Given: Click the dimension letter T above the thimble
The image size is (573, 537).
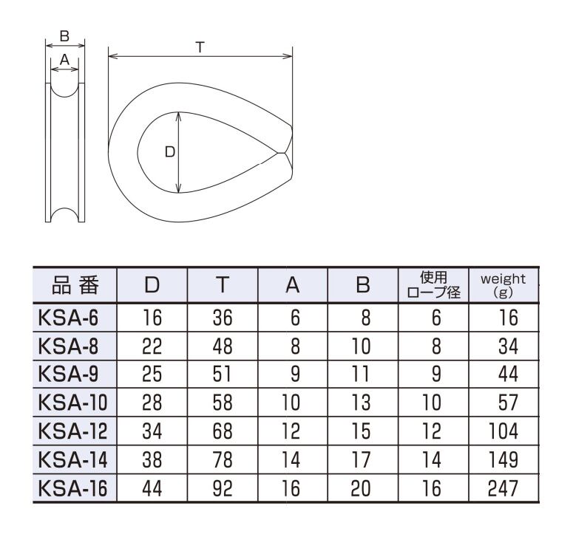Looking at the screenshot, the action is coord(200,47).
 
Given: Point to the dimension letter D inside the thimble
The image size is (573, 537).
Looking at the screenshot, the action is coord(170,152).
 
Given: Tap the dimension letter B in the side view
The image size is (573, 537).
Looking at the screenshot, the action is coord(64,36).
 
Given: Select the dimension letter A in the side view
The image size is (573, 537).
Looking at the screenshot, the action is coord(64,59).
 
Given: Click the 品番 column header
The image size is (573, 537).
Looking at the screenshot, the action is coord(75,285).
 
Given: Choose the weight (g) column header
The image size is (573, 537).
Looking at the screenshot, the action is coord(504,285).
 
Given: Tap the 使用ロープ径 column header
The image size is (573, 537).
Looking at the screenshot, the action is coord(433,285).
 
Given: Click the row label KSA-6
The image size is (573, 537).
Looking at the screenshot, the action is coord(68,318).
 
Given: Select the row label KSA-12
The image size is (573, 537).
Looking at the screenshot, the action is coord(72,431).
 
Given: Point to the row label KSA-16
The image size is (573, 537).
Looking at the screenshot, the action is coord(72,488).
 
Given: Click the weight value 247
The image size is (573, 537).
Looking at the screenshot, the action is coord(504,488).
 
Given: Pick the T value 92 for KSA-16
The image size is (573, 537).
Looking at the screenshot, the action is coord(223,488).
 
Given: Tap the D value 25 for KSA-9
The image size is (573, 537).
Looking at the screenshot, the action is coord(152,374).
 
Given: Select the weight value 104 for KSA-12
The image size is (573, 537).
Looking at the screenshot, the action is coord(504,431).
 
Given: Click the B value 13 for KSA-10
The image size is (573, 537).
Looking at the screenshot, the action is coord(361,403).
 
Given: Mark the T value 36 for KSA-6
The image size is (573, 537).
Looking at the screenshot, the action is coord(223,318).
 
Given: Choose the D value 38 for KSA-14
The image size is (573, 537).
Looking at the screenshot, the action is coord(152,459).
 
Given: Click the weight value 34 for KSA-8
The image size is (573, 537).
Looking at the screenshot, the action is coord(509,346).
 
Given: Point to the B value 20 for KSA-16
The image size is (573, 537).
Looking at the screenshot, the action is coord(361,488).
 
